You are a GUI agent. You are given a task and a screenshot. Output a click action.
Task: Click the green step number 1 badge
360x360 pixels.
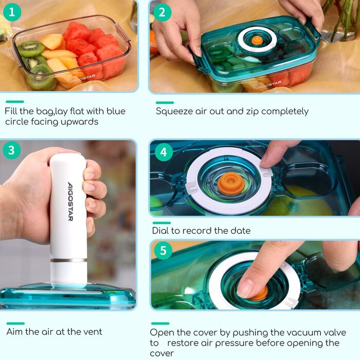[12, 12]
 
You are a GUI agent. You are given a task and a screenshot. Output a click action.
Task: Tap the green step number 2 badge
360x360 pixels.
[162, 12]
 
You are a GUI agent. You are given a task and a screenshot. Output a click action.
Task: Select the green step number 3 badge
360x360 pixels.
[11, 150]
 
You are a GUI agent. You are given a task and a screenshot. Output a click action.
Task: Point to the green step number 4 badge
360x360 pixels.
[164, 152]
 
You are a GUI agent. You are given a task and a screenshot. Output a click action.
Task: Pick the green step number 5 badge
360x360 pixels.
[163, 250]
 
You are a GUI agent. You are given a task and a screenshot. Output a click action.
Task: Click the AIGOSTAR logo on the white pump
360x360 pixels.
[70, 202]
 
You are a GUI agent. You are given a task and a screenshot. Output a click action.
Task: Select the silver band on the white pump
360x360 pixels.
[68, 260]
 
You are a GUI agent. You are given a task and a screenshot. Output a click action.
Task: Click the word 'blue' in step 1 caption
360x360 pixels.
[116, 111]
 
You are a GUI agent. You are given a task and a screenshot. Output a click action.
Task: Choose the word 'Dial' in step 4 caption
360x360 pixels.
[160, 230]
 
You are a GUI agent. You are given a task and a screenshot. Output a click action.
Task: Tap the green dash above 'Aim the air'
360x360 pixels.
[15, 323]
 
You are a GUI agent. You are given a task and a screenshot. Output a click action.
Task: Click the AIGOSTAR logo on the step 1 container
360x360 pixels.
[83, 78]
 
